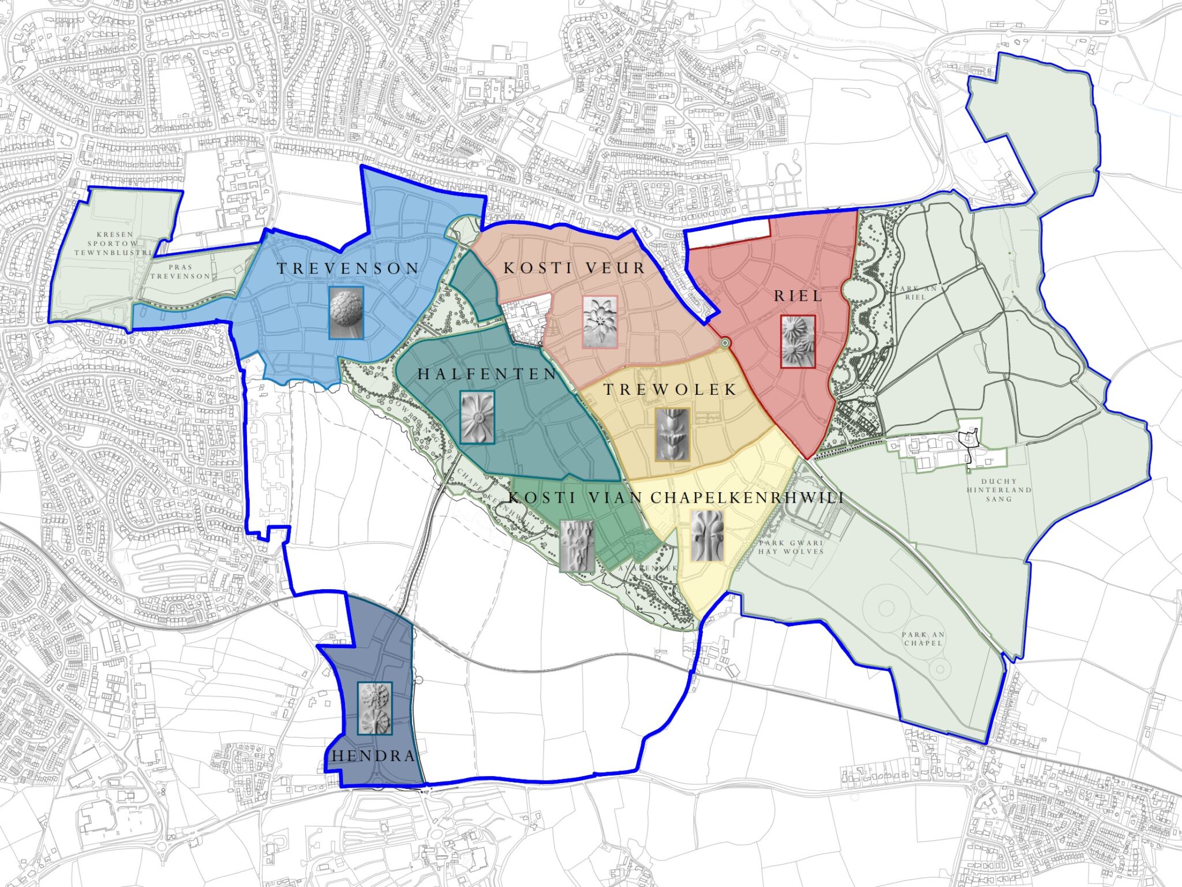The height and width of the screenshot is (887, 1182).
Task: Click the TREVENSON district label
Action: [x=348, y=268]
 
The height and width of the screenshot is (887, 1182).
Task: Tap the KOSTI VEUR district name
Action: [x=574, y=268]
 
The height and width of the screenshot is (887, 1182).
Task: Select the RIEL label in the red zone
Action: [x=798, y=296]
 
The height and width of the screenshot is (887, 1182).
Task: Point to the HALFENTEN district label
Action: [x=487, y=374]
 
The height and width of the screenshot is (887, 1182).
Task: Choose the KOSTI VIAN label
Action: [x=575, y=497]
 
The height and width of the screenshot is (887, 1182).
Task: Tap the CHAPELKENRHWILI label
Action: [x=747, y=497]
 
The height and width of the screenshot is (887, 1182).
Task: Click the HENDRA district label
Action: [x=374, y=756]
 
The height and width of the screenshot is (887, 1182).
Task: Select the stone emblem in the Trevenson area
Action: [x=346, y=313]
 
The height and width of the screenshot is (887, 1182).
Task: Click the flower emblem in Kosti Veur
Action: [x=600, y=322]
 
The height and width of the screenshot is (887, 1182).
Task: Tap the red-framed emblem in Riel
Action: [x=798, y=341]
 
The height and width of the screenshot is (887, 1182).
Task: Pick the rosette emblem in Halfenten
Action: [x=477, y=417]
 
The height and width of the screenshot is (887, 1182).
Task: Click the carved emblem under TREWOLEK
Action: [x=672, y=435]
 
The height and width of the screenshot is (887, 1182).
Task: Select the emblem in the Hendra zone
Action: [x=375, y=708]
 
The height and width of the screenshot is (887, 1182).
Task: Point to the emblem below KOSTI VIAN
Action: [x=577, y=546]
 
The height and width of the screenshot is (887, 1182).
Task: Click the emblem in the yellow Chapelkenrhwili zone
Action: [x=707, y=536]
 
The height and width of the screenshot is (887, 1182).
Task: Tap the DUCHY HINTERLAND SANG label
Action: [x=998, y=490]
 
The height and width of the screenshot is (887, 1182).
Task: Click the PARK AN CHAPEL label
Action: [x=923, y=638]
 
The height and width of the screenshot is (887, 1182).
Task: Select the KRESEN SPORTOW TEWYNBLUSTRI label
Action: [x=114, y=244]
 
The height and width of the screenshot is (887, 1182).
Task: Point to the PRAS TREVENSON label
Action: [x=180, y=272]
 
